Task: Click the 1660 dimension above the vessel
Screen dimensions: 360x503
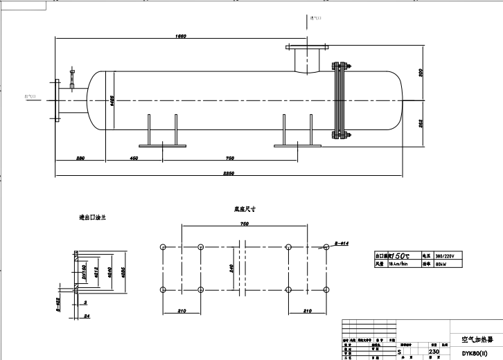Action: pos(182,36)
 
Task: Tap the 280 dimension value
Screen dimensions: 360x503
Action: pos(80,159)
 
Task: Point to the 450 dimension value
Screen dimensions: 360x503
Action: pos(134,159)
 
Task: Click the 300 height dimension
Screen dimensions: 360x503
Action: pos(421,72)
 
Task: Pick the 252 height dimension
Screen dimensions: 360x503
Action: pos(421,123)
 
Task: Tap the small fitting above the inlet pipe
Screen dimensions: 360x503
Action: pos(71,78)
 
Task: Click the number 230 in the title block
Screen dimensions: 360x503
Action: pos(434,352)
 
